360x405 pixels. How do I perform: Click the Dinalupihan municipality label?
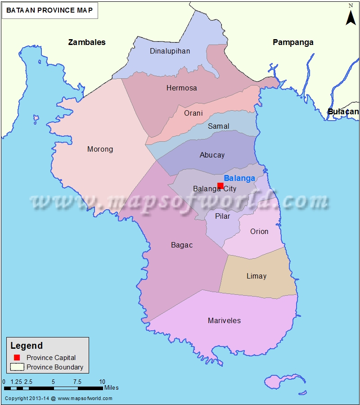tap(170, 51)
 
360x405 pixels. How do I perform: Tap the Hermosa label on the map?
tap(181, 88)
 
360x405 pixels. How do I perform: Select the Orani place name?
tap(193, 113)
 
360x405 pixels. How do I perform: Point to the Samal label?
tap(218, 126)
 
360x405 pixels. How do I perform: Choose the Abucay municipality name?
tap(212, 155)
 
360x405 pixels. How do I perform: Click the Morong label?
tap(100, 149)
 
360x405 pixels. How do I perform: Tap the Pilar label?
tap(222, 216)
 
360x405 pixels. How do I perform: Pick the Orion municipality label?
tap(259, 232)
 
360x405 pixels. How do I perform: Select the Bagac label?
tap(182, 245)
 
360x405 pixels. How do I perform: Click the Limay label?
tap(256, 276)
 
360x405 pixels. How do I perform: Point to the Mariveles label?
tap(224, 321)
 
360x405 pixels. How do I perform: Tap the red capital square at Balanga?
tap(220, 185)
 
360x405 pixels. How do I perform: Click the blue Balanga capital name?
tap(239, 178)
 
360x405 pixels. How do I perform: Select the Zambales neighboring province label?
tap(87, 42)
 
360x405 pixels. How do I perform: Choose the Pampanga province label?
tap(293, 42)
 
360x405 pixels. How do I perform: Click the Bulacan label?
tap(343, 112)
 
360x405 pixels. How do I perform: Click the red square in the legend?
tap(17, 357)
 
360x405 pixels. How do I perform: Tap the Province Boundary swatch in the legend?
tap(17, 367)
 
